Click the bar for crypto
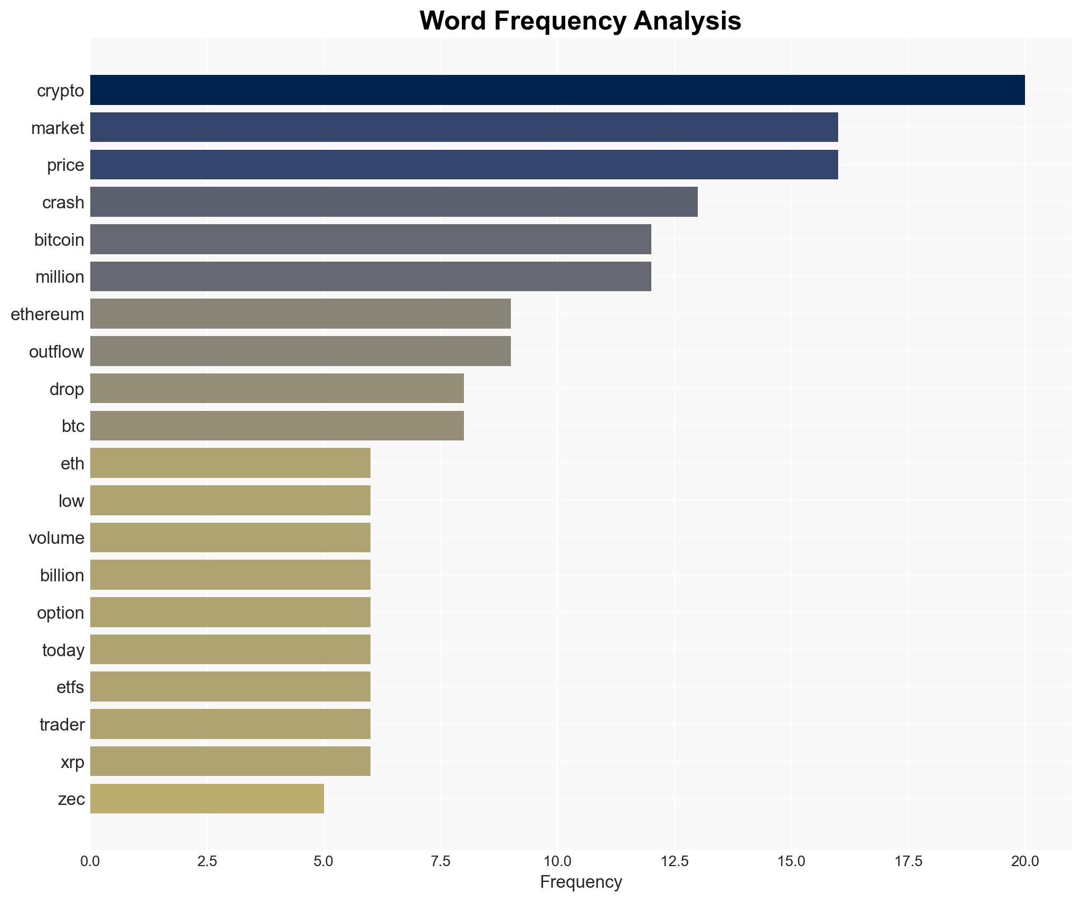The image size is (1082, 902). [x=557, y=90]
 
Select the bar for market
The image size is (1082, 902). [x=463, y=128]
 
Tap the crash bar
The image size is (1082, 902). [x=393, y=202]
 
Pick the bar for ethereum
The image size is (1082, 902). [x=300, y=314]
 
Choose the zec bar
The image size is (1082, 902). [x=207, y=799]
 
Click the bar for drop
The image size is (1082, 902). [x=277, y=389]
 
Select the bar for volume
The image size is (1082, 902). [x=230, y=538]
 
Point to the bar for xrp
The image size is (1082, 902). [x=230, y=761]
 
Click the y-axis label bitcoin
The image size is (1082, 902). [x=59, y=240]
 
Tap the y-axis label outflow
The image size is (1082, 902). [x=56, y=352]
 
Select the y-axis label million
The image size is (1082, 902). [x=60, y=277]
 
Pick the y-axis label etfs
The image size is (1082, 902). [x=70, y=687]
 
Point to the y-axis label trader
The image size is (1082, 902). [x=62, y=725]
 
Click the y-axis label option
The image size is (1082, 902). [x=60, y=613]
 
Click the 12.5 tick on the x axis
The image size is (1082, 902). [x=675, y=861]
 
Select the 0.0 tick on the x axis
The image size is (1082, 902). [x=90, y=861]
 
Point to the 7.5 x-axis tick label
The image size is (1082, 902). [x=441, y=861]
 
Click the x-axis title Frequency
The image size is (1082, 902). [x=581, y=882]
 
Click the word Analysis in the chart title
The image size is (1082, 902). [x=687, y=21]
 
